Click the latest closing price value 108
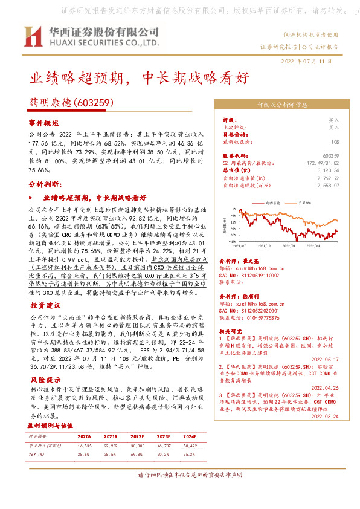coord(335,143)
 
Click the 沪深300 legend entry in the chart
coord(304,204)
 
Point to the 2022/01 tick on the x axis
coord(289,246)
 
